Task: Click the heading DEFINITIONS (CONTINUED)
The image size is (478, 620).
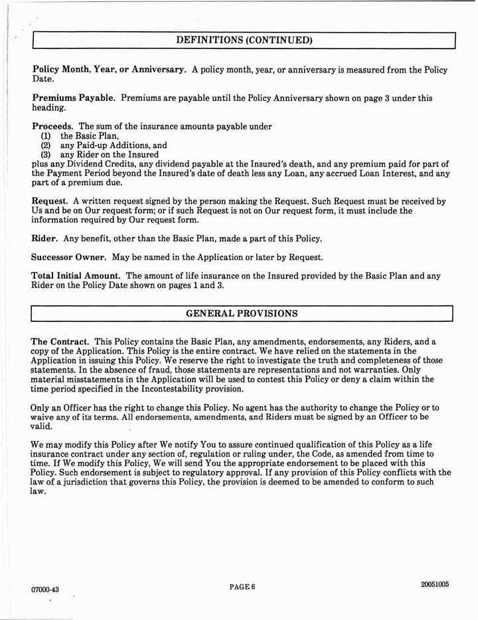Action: click(244, 40)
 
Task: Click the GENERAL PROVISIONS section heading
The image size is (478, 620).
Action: click(242, 312)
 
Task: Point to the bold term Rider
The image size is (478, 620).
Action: click(45, 238)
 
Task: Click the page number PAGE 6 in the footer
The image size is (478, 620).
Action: click(242, 586)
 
